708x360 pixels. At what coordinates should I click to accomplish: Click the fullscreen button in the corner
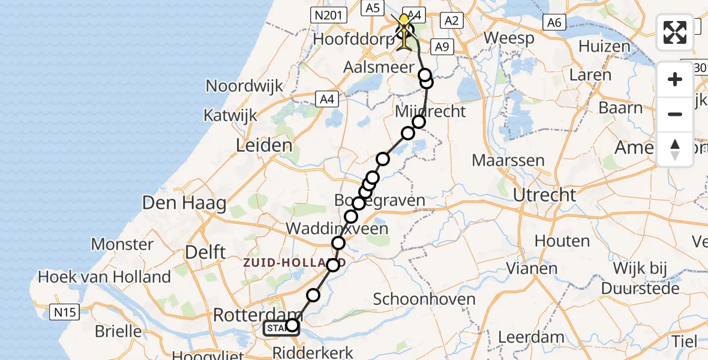675,32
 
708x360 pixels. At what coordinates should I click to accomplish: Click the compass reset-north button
675,149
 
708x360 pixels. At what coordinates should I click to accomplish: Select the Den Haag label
184,203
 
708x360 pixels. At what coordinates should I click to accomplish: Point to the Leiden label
265,145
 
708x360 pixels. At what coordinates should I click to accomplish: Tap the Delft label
205,252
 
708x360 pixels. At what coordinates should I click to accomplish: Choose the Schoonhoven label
424,299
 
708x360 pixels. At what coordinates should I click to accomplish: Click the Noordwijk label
244,86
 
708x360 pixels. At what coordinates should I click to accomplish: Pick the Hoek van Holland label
104,277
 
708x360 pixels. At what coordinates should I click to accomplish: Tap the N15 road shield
65,312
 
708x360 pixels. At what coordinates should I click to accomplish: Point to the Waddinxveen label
337,228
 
